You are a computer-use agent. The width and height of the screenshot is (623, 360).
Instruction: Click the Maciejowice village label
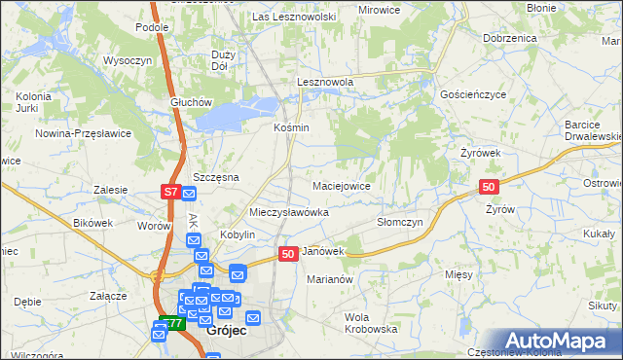pos(341,185)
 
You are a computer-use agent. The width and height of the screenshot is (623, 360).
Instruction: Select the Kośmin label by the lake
pos(291,127)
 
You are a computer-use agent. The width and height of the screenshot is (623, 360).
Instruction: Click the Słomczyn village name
pos(399,222)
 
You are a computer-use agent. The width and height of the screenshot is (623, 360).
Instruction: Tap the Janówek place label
pos(324,251)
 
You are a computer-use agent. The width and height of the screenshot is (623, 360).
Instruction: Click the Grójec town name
pos(227,331)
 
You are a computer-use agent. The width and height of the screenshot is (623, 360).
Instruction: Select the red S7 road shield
pos(171,192)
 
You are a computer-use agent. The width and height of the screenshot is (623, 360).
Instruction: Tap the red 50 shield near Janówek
pos(288,253)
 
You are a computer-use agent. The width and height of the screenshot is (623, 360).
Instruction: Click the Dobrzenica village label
pos(509,37)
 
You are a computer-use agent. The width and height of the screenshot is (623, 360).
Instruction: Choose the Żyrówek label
pos(480,153)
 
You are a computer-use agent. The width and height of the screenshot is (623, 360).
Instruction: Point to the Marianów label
pos(328,279)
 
